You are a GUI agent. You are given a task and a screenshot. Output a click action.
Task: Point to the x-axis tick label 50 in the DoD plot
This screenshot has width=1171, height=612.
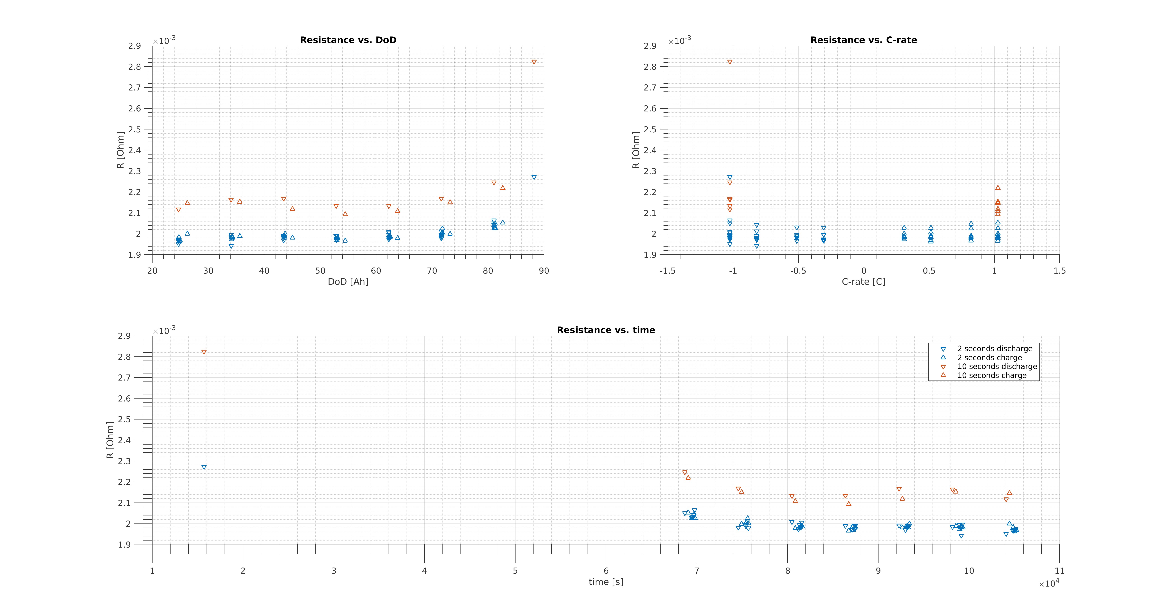click(x=320, y=271)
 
